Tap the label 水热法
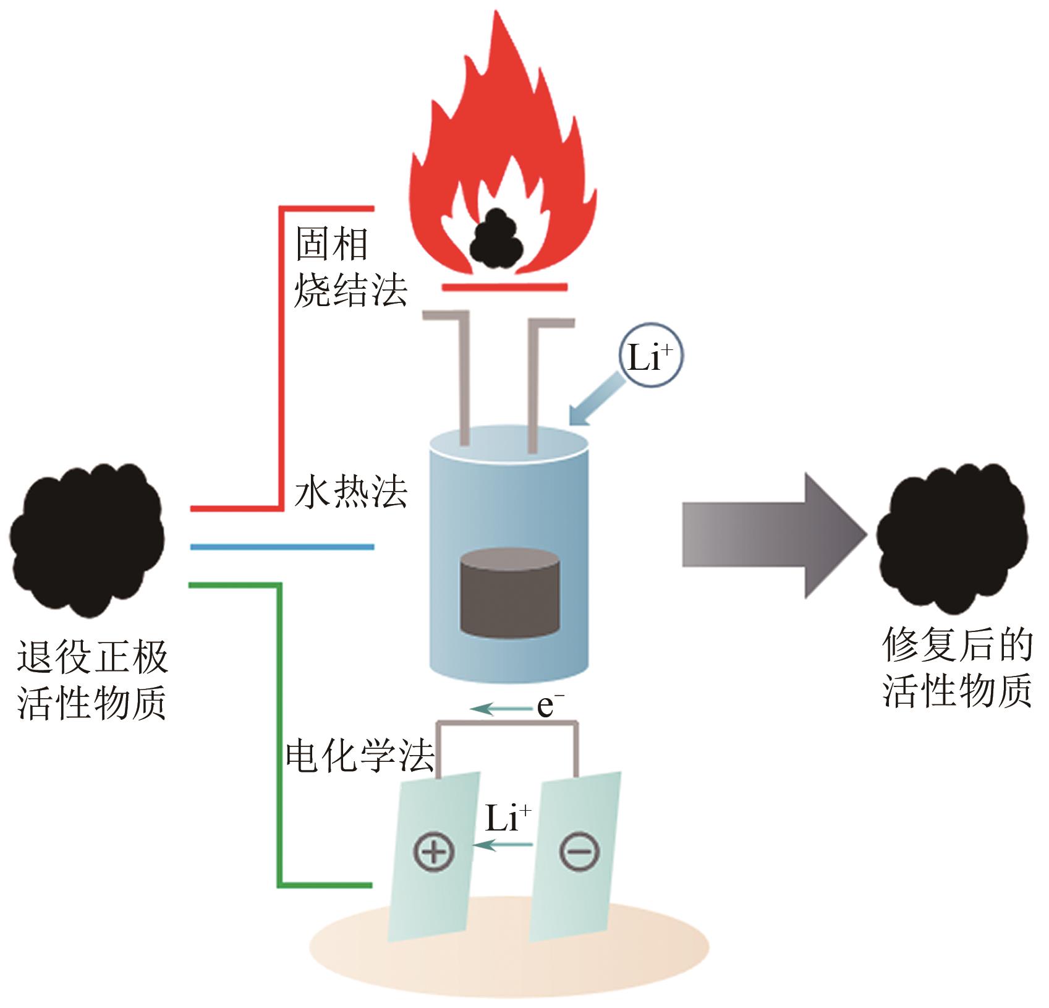tap(350, 493)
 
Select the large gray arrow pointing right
tap(773, 535)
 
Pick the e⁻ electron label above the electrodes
tap(550, 706)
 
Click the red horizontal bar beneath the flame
tap(504, 286)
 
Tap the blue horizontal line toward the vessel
tap(282, 547)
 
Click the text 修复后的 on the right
tap(957, 645)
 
